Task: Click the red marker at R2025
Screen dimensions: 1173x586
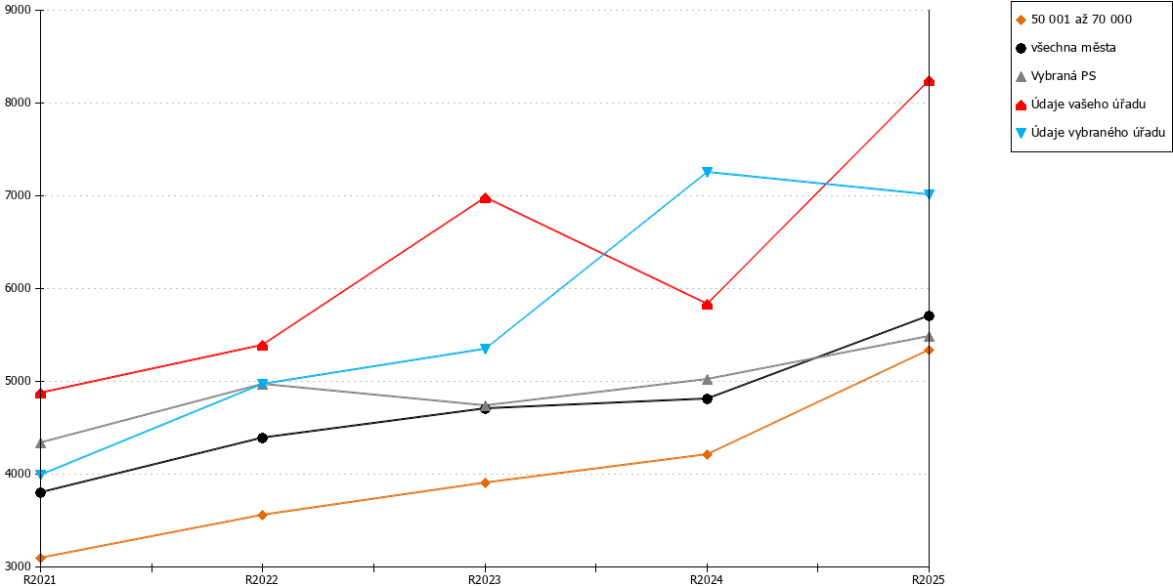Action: coord(929,81)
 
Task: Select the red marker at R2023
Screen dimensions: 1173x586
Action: coord(485,197)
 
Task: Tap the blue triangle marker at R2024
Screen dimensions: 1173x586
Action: coord(707,172)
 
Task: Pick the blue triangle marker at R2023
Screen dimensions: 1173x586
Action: coord(485,349)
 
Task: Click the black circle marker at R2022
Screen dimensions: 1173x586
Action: coord(263,438)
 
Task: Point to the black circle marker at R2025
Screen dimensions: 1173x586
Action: coord(929,316)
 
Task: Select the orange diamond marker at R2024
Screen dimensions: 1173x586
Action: coord(707,454)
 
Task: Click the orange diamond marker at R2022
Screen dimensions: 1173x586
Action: coord(263,515)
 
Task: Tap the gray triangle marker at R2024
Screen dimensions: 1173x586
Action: coord(707,379)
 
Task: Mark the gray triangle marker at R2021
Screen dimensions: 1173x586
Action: coord(41,443)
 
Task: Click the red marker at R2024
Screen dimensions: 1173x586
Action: coord(707,305)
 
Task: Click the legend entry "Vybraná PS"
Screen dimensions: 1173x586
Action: coord(1056,76)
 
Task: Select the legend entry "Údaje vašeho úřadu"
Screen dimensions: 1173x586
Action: coord(1080,105)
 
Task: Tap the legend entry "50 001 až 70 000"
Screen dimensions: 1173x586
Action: coord(1073,20)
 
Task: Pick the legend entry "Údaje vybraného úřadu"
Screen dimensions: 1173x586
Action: coord(1090,133)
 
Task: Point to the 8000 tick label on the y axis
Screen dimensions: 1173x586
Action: coord(18,103)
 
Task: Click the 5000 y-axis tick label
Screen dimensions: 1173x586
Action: coord(18,381)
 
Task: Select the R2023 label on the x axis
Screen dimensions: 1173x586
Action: coord(485,580)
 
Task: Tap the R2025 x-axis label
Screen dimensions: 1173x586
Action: coord(929,580)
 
